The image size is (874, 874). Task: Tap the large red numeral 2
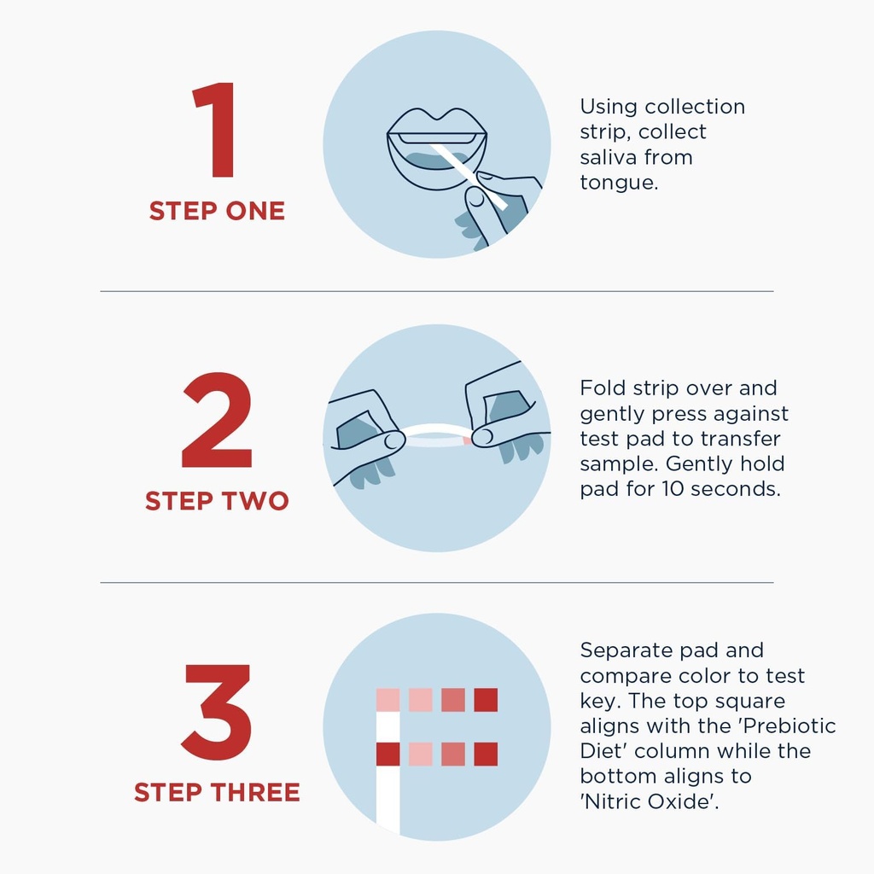pos(217,420)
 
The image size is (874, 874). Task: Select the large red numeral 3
pos(216,712)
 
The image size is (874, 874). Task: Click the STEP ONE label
pos(217,212)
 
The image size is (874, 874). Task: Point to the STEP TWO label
pos(217,500)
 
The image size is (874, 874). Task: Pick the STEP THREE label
pos(217,792)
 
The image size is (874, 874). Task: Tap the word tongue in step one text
pos(619,183)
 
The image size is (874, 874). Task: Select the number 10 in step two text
pos(673,489)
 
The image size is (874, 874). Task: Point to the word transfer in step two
pos(740,439)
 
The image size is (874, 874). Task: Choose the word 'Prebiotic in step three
pos(790,725)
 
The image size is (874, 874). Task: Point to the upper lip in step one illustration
pos(437,122)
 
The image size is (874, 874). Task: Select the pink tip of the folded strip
pos(467,441)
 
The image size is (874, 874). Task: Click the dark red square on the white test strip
pos(388,755)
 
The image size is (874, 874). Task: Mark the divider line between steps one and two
pos(437,291)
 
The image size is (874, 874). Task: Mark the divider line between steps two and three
pos(437,582)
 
